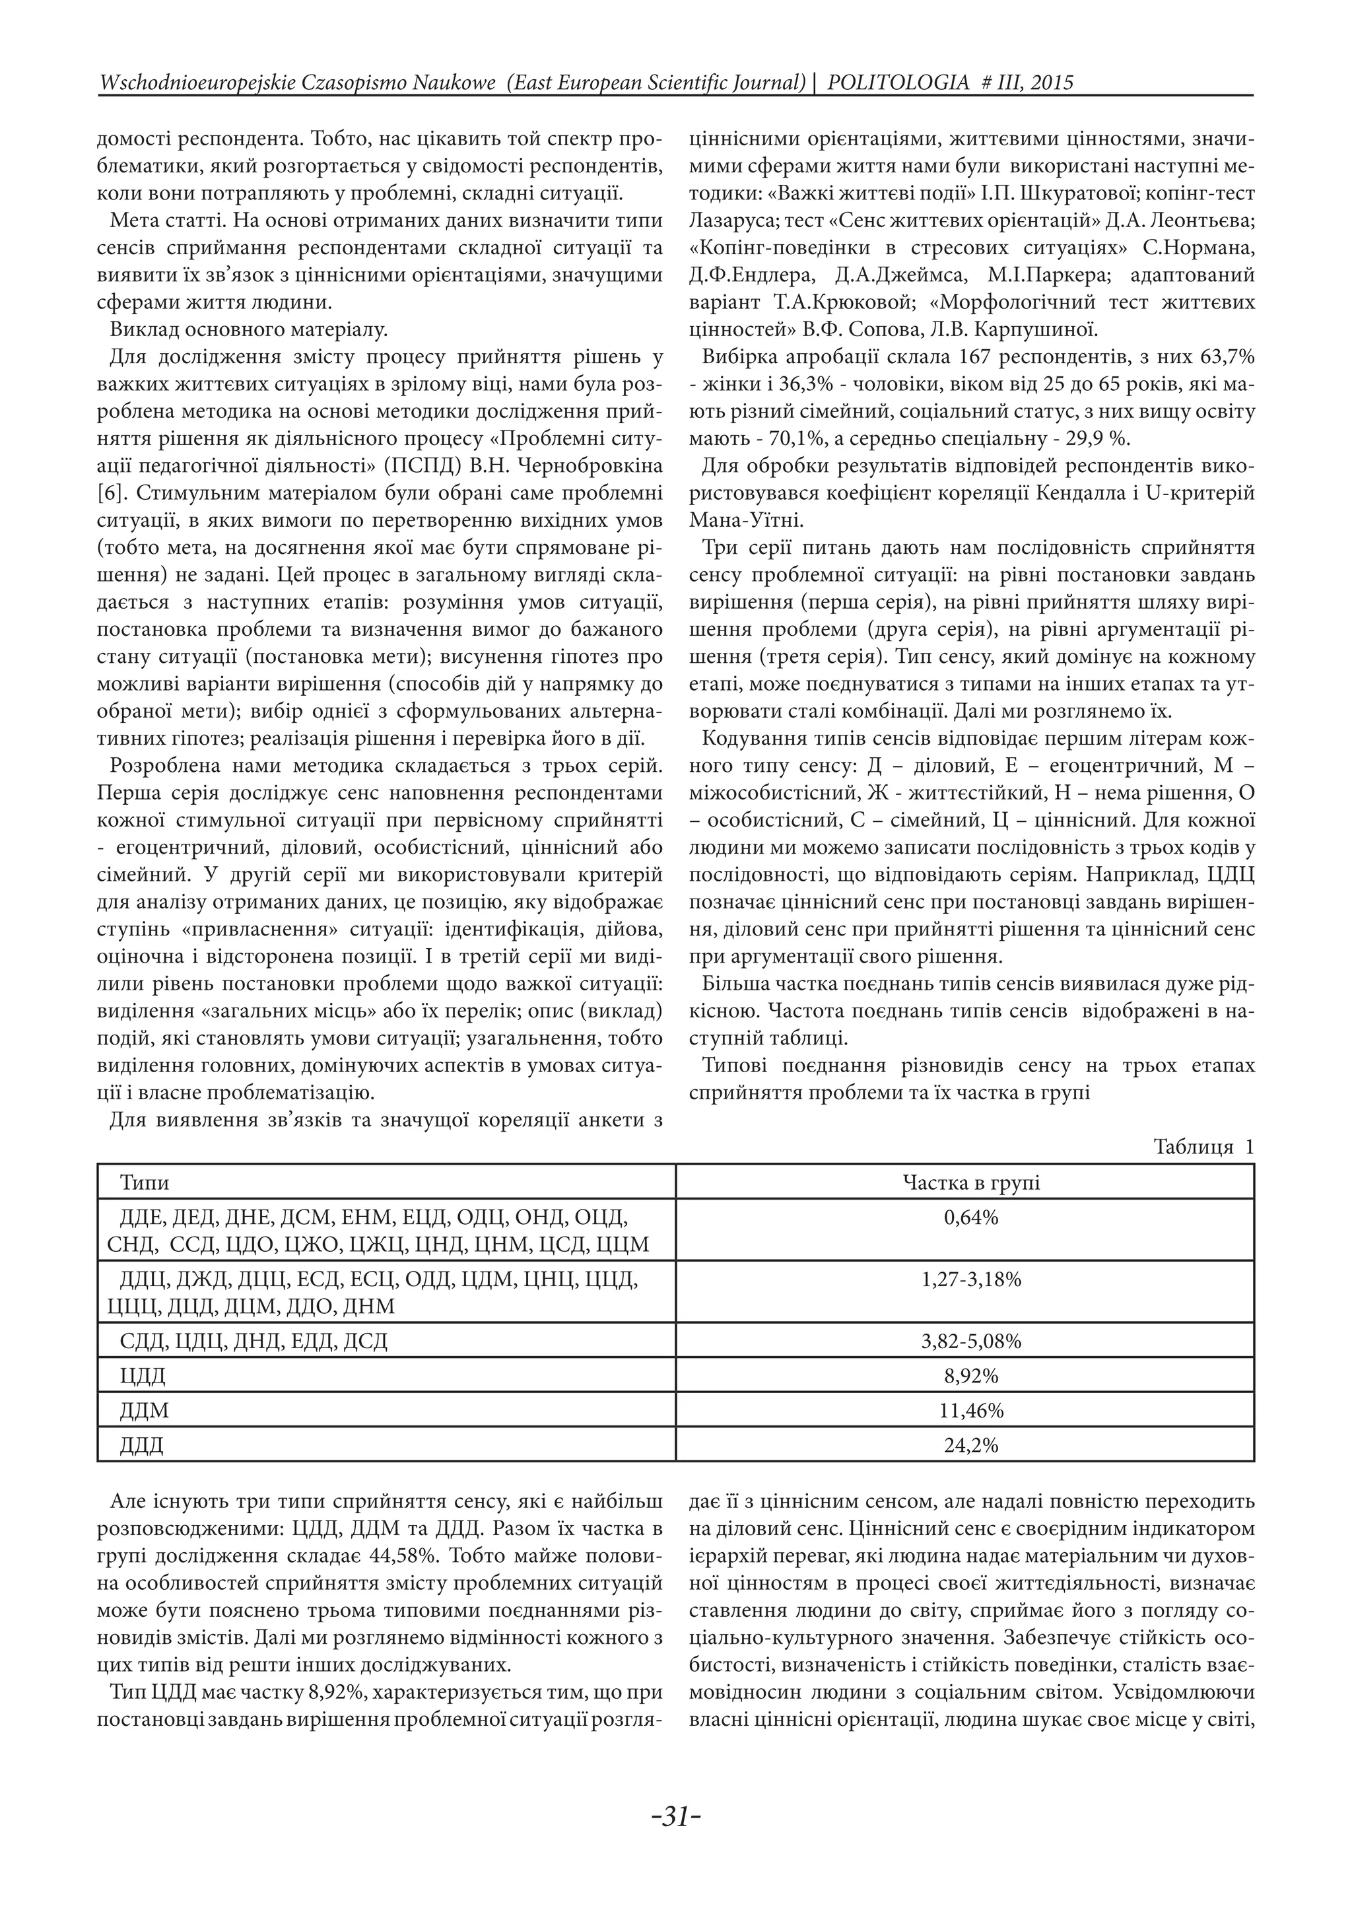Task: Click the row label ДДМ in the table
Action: (144, 1411)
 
